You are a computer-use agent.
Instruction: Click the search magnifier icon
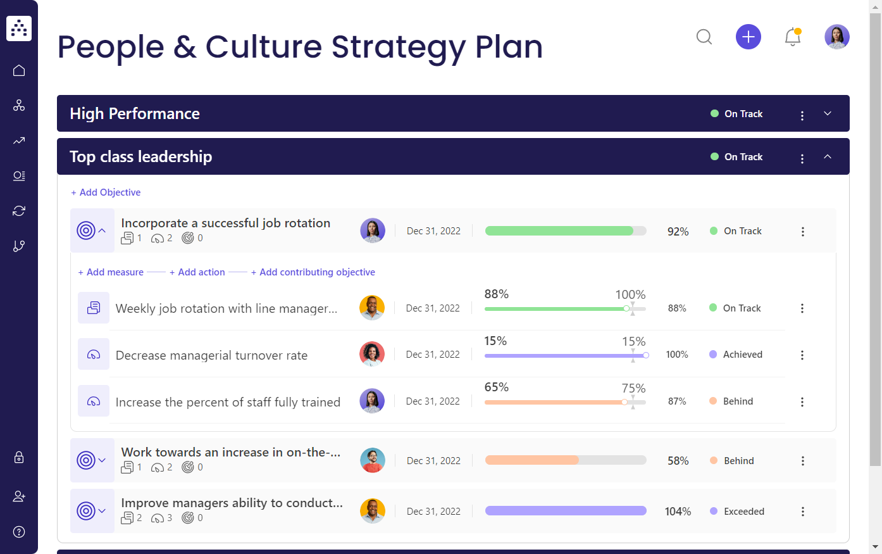click(704, 37)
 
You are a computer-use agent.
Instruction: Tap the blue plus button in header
click(748, 37)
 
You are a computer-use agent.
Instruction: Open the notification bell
click(792, 37)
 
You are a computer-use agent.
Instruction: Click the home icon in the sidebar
click(19, 70)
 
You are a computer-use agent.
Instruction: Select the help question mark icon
click(19, 532)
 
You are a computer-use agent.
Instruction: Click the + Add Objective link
click(106, 192)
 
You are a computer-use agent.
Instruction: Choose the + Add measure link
click(111, 272)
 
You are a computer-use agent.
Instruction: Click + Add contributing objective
click(313, 272)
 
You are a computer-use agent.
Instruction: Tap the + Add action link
click(197, 272)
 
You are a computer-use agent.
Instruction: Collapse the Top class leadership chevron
click(828, 157)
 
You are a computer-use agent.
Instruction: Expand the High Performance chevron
click(828, 114)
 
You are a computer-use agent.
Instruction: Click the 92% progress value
click(678, 232)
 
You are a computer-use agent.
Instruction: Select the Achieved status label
click(742, 355)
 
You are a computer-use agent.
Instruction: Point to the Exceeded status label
click(743, 512)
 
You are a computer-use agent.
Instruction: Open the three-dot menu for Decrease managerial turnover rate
click(802, 355)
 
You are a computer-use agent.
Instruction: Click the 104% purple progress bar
click(566, 511)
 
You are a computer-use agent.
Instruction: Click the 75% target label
click(633, 388)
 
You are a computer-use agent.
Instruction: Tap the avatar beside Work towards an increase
click(373, 460)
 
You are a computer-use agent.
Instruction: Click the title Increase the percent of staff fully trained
click(228, 402)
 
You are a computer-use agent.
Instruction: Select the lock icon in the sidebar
click(19, 457)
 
